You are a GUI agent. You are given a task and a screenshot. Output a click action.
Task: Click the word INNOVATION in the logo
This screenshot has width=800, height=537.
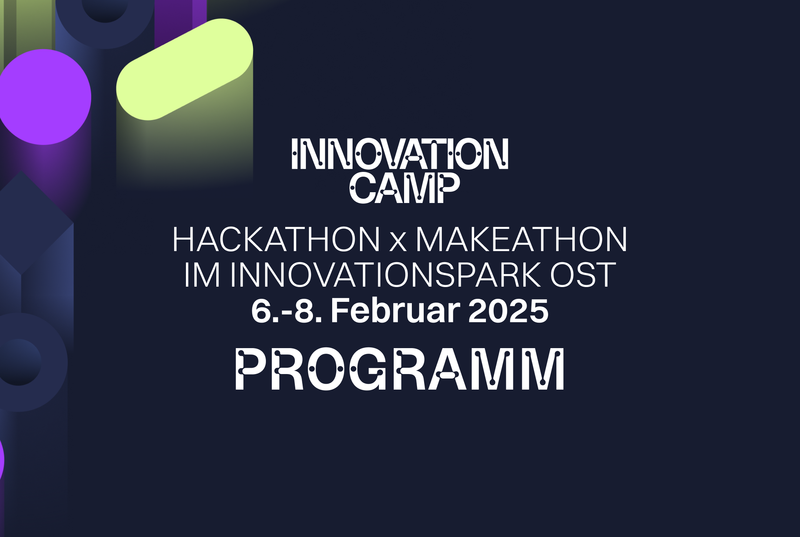400,154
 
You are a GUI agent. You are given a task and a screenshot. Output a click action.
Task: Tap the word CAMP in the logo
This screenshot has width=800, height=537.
405,189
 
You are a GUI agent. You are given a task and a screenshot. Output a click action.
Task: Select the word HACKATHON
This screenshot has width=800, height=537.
276,240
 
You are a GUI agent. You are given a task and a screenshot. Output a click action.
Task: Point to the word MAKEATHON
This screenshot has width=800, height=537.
521,240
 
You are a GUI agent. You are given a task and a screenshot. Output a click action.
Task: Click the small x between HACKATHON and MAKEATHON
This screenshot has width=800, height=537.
398,243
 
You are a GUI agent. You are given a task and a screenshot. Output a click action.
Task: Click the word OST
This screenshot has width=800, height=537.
583,275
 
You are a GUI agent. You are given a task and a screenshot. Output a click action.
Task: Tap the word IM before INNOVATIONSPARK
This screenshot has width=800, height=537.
202,275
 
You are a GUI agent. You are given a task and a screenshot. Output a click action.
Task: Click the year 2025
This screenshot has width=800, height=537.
508,311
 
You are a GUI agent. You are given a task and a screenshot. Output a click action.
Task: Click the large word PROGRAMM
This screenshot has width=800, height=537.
400,370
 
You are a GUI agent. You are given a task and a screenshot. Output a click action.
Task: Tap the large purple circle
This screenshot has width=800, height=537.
44,97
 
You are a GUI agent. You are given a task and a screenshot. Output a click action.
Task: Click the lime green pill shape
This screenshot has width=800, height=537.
184,69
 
